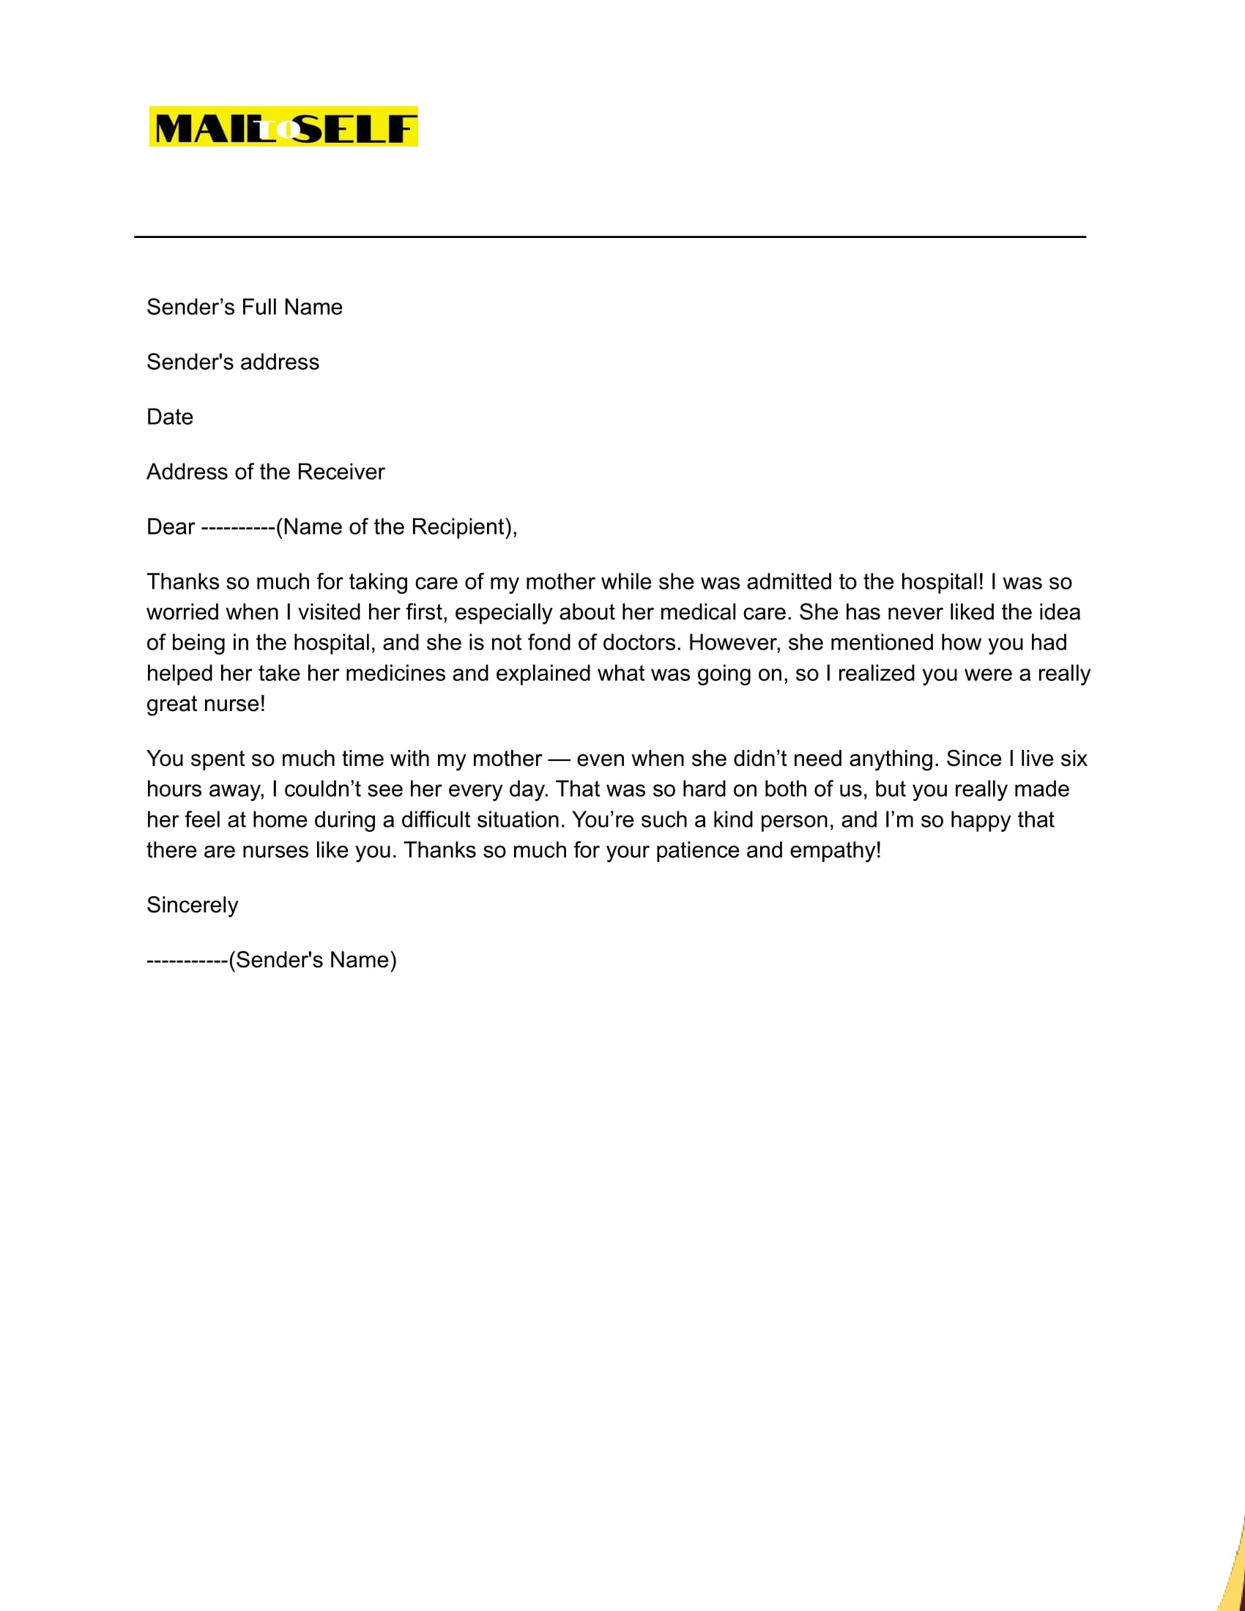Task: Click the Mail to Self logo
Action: point(283,126)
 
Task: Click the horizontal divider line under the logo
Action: point(609,237)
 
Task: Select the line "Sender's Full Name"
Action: point(244,307)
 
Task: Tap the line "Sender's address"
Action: point(232,362)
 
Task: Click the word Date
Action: point(170,417)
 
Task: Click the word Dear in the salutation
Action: point(171,527)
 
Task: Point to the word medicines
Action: point(395,674)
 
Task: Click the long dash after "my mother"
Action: point(559,759)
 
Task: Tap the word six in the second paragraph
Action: point(1074,759)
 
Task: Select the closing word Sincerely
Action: point(193,905)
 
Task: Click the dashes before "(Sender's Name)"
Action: point(187,961)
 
